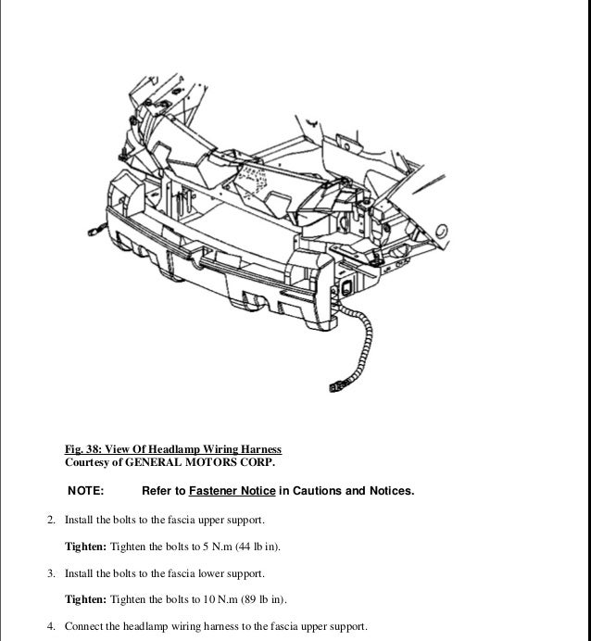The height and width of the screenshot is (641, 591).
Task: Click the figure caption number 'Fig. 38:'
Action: point(85,449)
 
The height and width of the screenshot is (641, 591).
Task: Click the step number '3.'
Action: point(53,573)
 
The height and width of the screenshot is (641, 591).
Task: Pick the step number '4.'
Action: point(53,626)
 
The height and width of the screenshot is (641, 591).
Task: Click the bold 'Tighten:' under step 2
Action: point(85,547)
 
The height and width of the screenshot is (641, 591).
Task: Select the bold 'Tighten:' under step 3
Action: point(85,599)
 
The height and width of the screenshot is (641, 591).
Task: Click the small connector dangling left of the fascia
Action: point(93,226)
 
